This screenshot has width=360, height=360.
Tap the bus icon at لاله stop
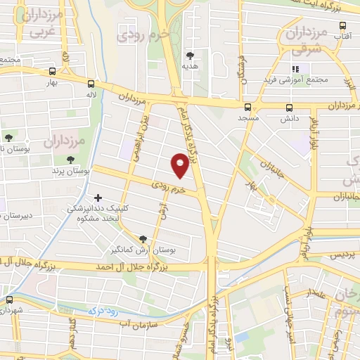pyautogui.click(x=90, y=82)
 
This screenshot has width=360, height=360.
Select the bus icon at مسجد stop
pyautogui.click(x=247, y=108)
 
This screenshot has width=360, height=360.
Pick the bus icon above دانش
pyautogui.click(x=290, y=108)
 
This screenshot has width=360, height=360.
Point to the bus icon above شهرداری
pyautogui.click(x=9, y=299)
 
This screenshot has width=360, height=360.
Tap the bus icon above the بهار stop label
pyautogui.click(x=53, y=71)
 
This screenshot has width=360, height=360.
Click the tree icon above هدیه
pyautogui.click(x=190, y=55)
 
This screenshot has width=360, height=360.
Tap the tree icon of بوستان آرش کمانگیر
pyautogui.click(x=144, y=239)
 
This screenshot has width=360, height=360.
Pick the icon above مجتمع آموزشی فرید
pyautogui.click(x=296, y=69)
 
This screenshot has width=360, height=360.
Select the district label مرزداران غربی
pyautogui.click(x=37, y=22)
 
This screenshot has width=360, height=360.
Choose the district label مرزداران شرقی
pyautogui.click(x=305, y=40)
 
